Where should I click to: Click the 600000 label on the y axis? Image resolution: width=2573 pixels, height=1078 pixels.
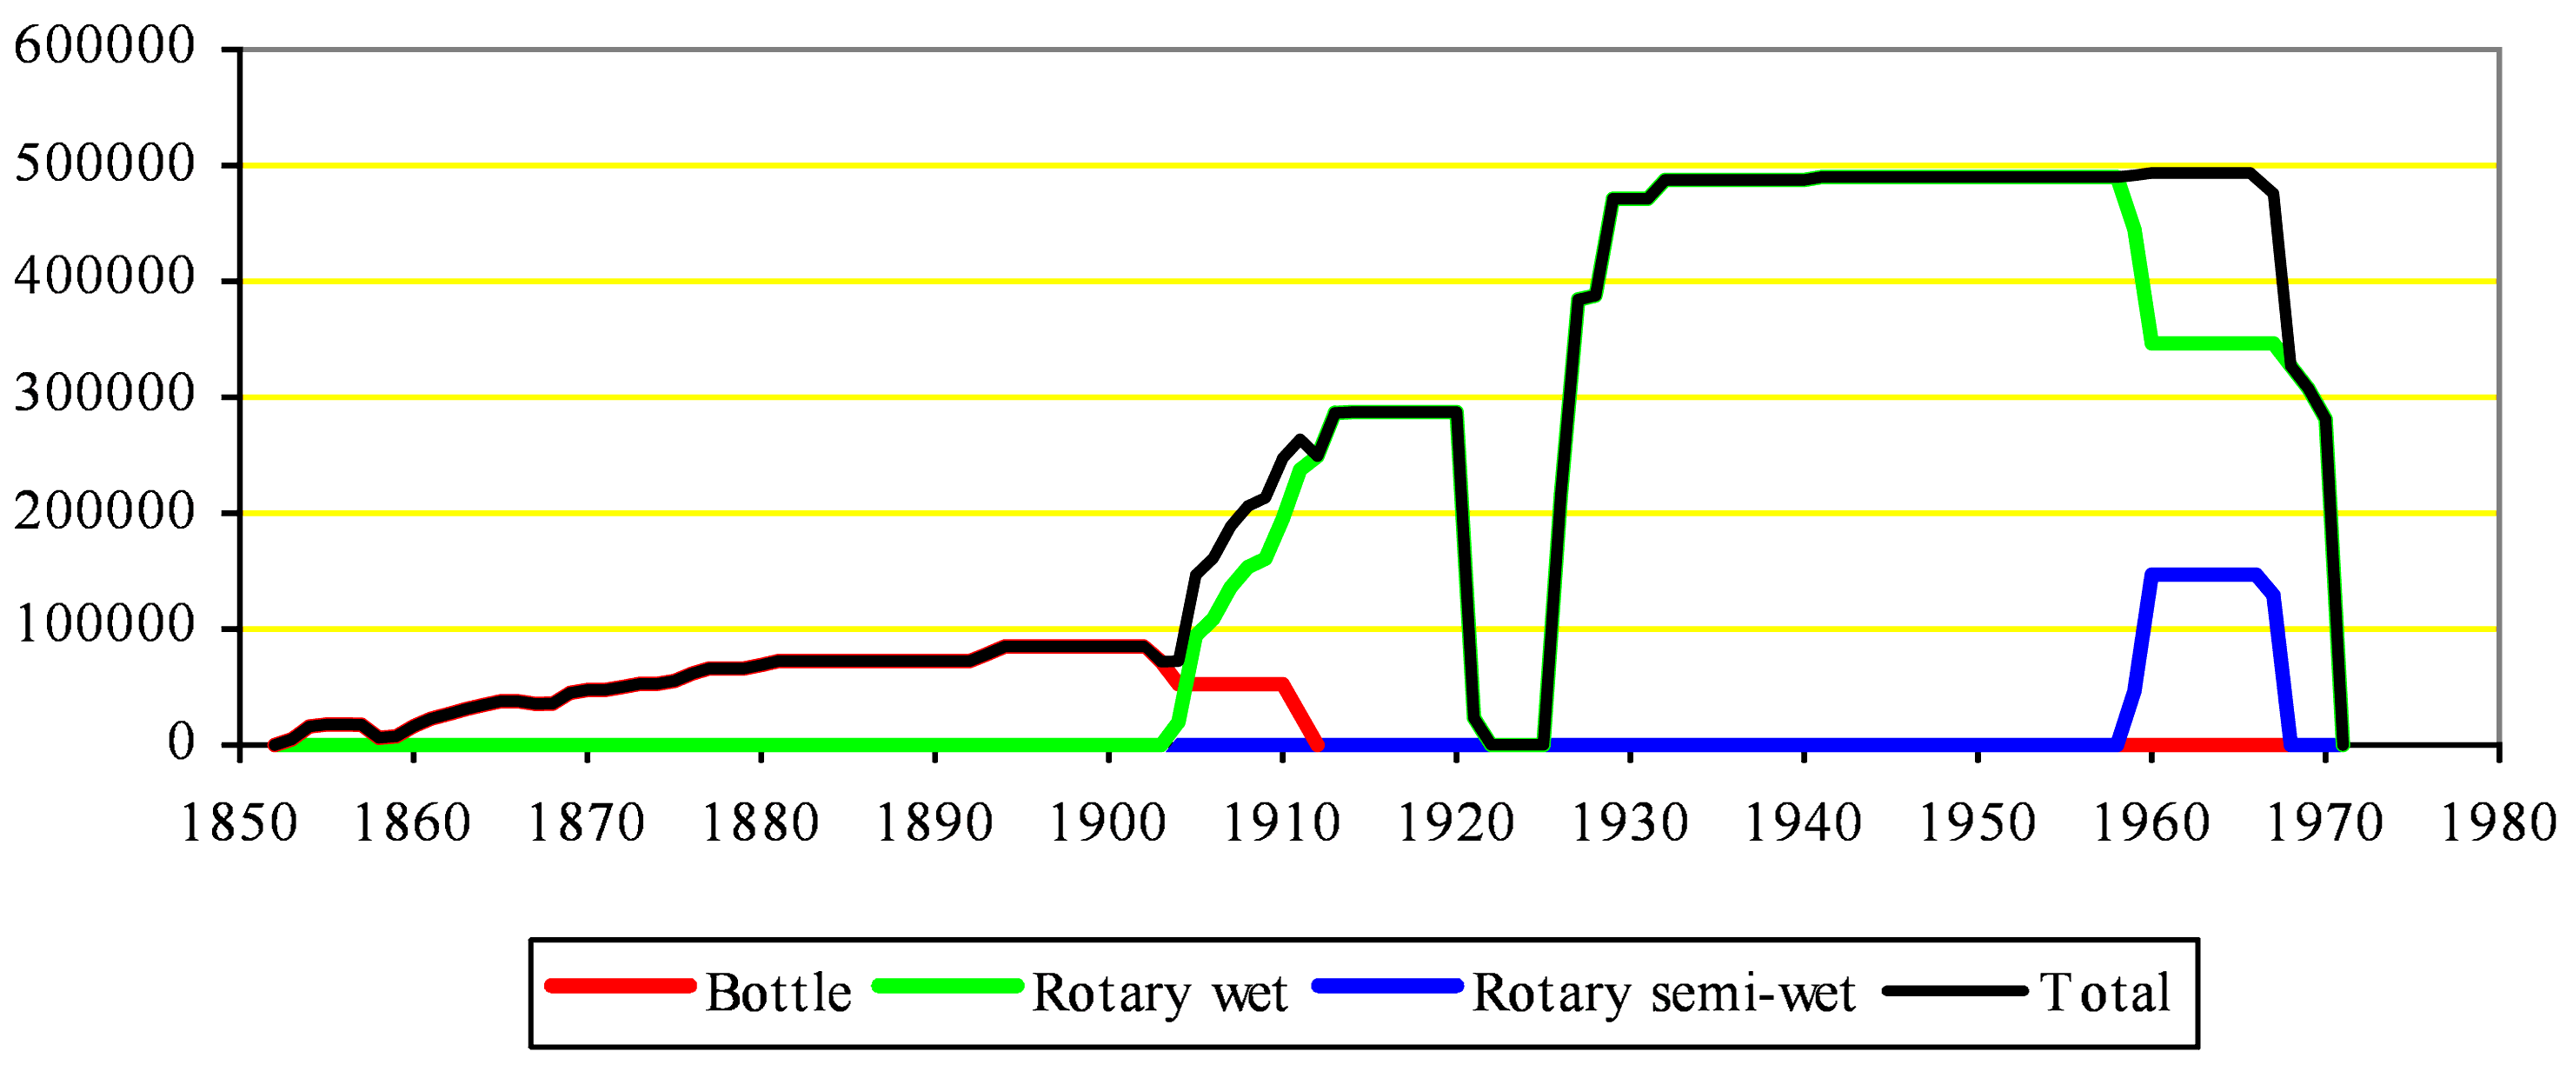coord(104,46)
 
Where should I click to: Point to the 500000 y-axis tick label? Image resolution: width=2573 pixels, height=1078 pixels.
coord(104,163)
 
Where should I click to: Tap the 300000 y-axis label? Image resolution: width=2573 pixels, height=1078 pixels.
coord(104,395)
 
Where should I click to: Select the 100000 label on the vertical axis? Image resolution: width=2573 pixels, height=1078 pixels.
coord(104,627)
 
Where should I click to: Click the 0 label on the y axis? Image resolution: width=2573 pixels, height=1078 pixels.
coord(181,743)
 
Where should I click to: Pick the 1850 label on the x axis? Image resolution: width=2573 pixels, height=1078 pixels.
coord(240,824)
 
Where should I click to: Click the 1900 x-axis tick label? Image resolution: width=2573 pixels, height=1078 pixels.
coord(1107,824)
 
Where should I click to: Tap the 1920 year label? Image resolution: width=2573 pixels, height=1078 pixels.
coord(1455,824)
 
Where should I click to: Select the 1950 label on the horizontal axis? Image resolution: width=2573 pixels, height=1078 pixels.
coord(1977,824)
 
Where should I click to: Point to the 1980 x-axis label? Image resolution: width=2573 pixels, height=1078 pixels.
coord(2498,824)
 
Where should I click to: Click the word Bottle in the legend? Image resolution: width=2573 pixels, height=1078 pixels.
coord(778,993)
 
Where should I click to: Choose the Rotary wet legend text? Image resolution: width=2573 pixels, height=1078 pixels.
coord(1160,993)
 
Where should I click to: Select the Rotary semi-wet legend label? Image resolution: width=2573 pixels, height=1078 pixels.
coord(1663,993)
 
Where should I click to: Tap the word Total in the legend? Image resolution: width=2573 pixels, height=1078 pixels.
coord(2104,993)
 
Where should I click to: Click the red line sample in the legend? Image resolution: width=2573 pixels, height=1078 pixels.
coord(619,987)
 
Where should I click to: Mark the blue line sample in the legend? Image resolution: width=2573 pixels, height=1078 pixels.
coord(1387,987)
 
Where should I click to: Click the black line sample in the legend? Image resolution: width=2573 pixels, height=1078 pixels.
coord(1955,991)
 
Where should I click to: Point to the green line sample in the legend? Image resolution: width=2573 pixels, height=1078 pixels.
coord(947,987)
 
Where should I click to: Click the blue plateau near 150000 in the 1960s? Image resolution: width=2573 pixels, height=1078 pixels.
coord(2203,575)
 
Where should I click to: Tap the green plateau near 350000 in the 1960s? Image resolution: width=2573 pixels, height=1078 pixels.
coord(2212,343)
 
